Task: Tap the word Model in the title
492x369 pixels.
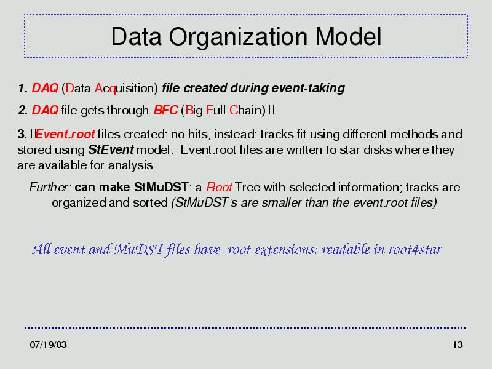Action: coord(348,36)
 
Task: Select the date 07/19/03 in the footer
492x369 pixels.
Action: coord(49,345)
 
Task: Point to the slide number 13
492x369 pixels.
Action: coord(458,345)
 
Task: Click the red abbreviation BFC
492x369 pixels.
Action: coord(165,110)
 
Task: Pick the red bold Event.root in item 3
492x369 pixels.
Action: coord(65,134)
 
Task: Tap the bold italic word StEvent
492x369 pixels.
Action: coord(111,149)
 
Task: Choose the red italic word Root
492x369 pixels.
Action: coord(219,188)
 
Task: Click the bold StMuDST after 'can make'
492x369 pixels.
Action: coord(161,188)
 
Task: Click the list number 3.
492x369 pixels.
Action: coord(22,134)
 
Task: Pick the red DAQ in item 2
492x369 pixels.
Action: coord(45,110)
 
